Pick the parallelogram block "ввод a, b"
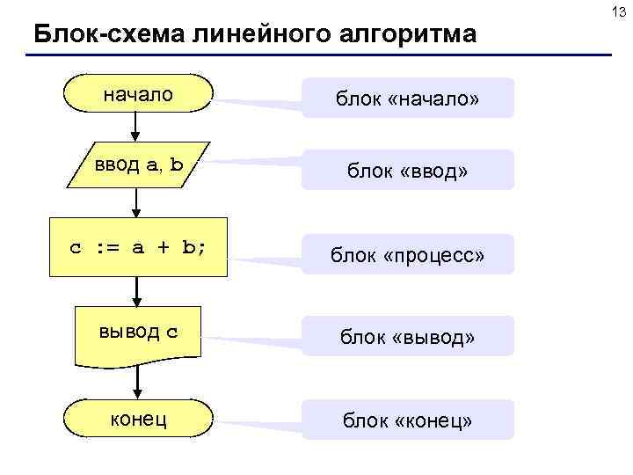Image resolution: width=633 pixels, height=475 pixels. pos(139,164)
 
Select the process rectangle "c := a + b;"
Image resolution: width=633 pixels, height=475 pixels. pos(138,247)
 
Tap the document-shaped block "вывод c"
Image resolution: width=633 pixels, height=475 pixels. pos(138,332)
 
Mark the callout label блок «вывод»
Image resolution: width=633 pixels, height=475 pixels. pos(407,337)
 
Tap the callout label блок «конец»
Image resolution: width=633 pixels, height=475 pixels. pos(407,420)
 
